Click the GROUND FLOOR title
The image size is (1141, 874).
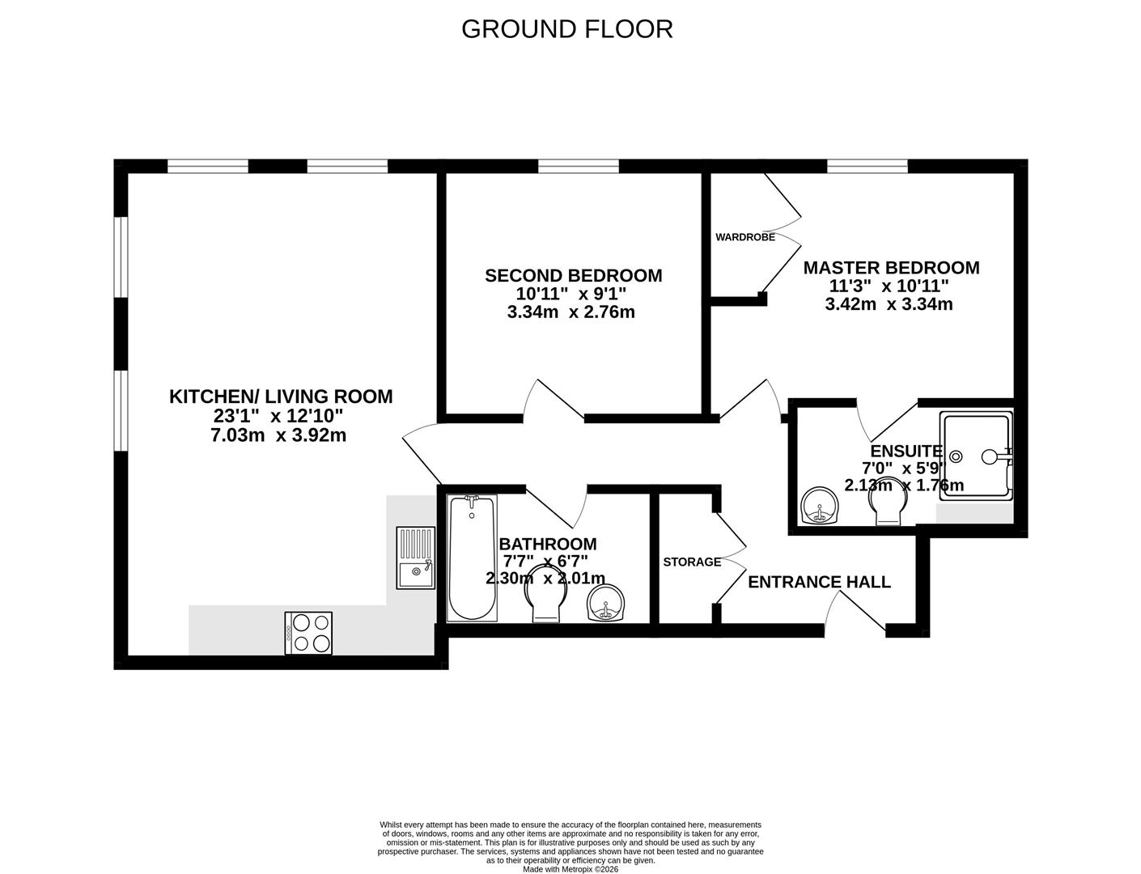point(566,29)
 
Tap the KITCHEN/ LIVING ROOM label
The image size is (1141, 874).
point(280,397)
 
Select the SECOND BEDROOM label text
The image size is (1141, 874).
point(573,276)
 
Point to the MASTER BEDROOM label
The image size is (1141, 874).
point(891,268)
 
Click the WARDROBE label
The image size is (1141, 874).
point(744,238)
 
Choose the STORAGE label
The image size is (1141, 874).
point(692,562)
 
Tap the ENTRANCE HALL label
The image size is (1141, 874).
point(819,582)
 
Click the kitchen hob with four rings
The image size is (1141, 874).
point(308,632)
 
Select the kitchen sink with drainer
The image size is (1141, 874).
point(415,558)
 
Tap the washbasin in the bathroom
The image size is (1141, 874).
point(605,602)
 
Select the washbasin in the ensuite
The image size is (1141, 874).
point(821,507)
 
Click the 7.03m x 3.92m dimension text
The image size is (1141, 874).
point(278,435)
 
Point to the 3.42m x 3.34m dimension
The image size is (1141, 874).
point(889,305)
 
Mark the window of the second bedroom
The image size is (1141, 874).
point(579,166)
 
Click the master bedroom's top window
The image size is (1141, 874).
point(867,166)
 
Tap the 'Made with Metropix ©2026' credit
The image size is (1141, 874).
point(570,869)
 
